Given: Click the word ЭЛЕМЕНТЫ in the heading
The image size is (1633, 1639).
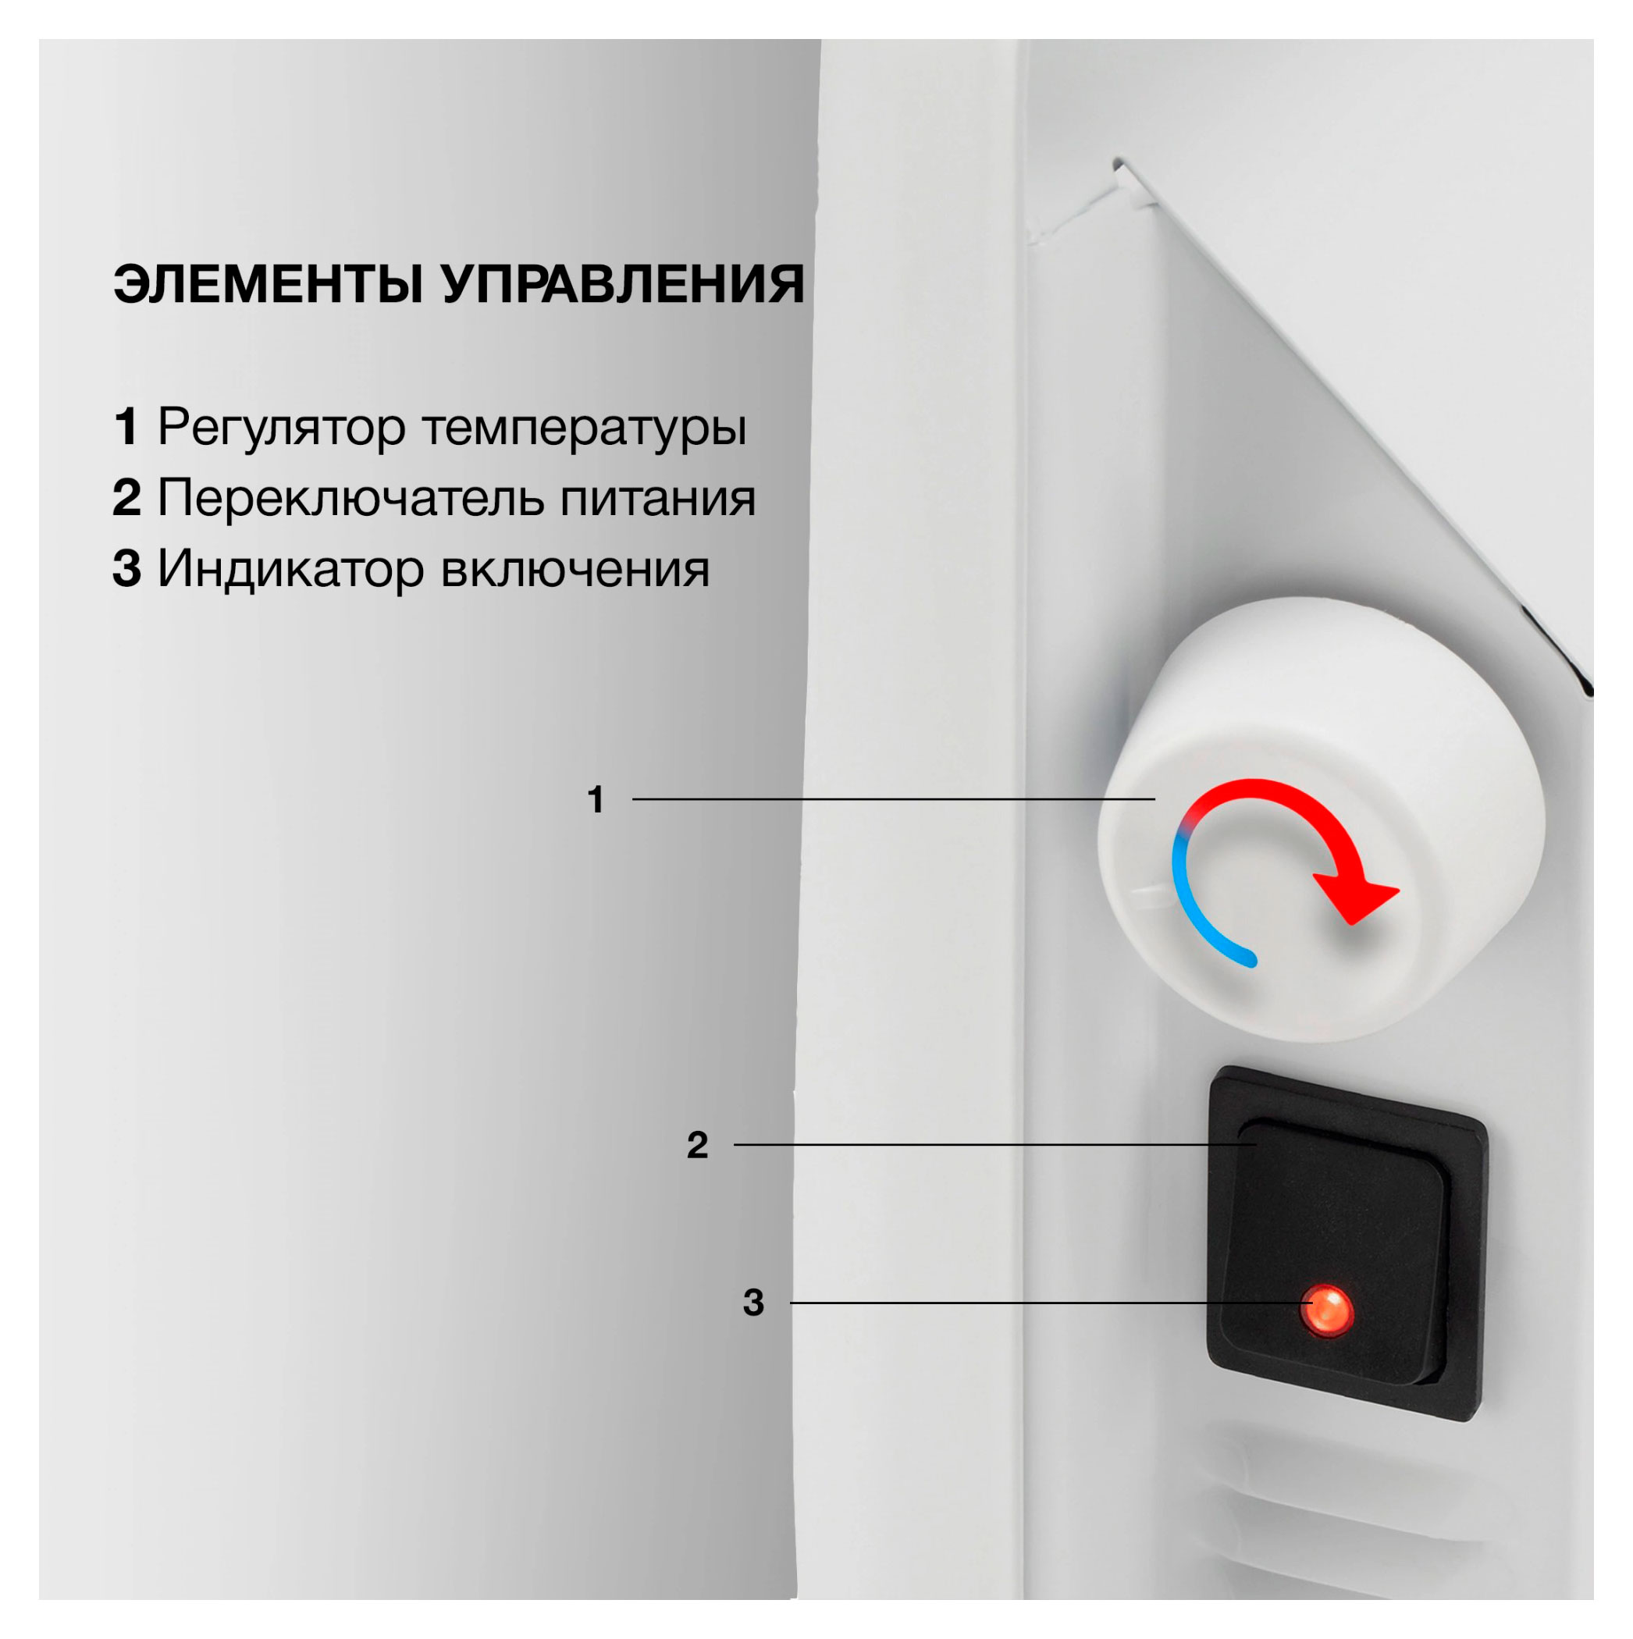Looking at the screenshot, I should point(268,284).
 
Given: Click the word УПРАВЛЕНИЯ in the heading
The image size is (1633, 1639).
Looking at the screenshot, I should point(623,284).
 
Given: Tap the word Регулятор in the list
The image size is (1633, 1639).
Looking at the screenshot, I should point(282,427).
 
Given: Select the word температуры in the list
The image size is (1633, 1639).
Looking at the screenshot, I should point(585,427).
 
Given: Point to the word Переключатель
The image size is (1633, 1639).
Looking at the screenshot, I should point(350,498).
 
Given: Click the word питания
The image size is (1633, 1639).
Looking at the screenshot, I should point(657,498).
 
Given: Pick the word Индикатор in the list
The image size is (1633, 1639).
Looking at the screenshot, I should point(290,568).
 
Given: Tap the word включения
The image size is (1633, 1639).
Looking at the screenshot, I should point(575,568).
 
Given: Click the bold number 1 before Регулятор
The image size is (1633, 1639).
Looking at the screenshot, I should point(126,427).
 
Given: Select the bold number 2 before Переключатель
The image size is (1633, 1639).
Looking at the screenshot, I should point(126,498).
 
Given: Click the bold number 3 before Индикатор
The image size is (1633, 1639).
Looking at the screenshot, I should point(126,568).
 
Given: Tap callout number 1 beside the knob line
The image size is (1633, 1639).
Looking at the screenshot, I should point(596,800).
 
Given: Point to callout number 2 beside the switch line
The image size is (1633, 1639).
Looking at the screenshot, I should point(697,1145).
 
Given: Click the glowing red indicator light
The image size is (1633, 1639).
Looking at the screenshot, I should point(1327,1310).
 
